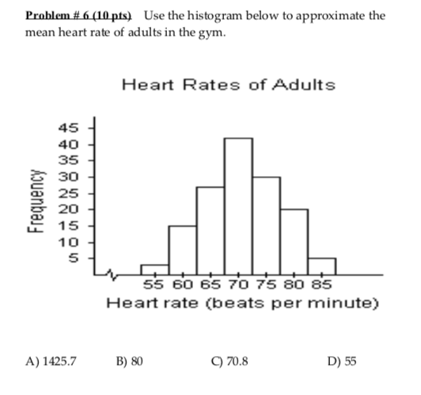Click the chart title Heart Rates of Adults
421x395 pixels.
pos(229,85)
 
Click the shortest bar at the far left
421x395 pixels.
pos(154,268)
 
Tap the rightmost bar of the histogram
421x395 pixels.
pos(321,265)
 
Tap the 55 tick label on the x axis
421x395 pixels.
pos(154,286)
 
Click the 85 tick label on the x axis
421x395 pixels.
pos(322,286)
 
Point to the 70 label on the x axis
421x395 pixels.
pos(238,286)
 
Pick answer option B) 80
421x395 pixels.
pos(129,362)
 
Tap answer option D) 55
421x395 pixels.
pos(341,362)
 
